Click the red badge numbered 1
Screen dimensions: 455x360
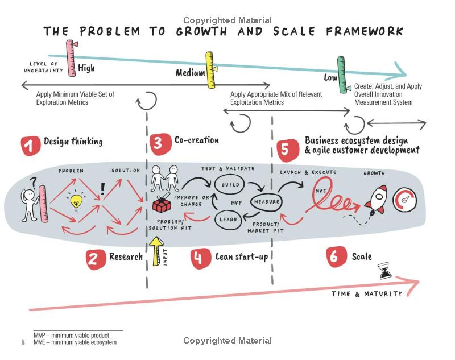pyautogui.click(x=30, y=146)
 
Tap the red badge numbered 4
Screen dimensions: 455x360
pyautogui.click(x=201, y=258)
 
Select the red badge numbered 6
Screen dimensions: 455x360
pyautogui.click(x=336, y=256)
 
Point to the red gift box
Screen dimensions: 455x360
pyautogui.click(x=162, y=203)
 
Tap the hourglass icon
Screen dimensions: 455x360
pyautogui.click(x=385, y=271)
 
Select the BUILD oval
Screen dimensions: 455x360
pyautogui.click(x=229, y=184)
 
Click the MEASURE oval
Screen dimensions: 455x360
pyautogui.click(x=266, y=202)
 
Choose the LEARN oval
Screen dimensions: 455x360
pyautogui.click(x=228, y=220)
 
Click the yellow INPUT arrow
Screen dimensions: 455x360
pyautogui.click(x=156, y=251)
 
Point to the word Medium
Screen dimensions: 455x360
pyautogui.click(x=190, y=73)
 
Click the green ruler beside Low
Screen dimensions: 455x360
pyautogui.click(x=342, y=75)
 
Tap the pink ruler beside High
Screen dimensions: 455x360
pyautogui.click(x=71, y=58)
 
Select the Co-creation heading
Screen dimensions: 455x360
pyautogui.click(x=196, y=140)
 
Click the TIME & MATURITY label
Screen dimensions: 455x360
pyautogui.click(x=367, y=294)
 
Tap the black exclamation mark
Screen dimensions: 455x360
pyautogui.click(x=102, y=189)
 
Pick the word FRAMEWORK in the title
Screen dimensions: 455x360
pyautogui.click(x=365, y=31)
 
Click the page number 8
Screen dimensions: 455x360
pyautogui.click(x=23, y=342)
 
